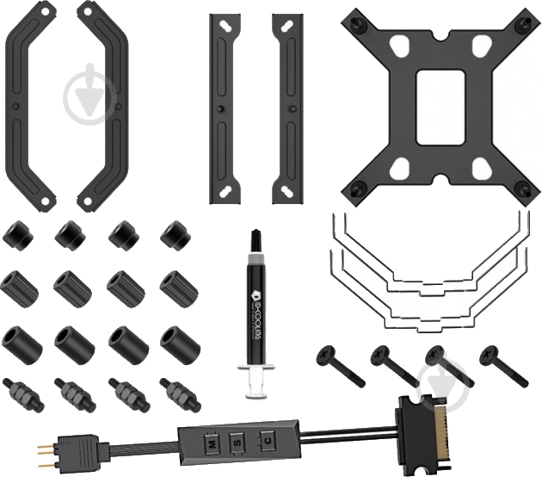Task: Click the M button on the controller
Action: coord(210,441)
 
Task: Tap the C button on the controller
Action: coord(269,441)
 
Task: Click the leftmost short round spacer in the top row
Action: coord(16,232)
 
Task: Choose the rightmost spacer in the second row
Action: coord(178,288)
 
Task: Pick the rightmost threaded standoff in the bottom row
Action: coord(178,394)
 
